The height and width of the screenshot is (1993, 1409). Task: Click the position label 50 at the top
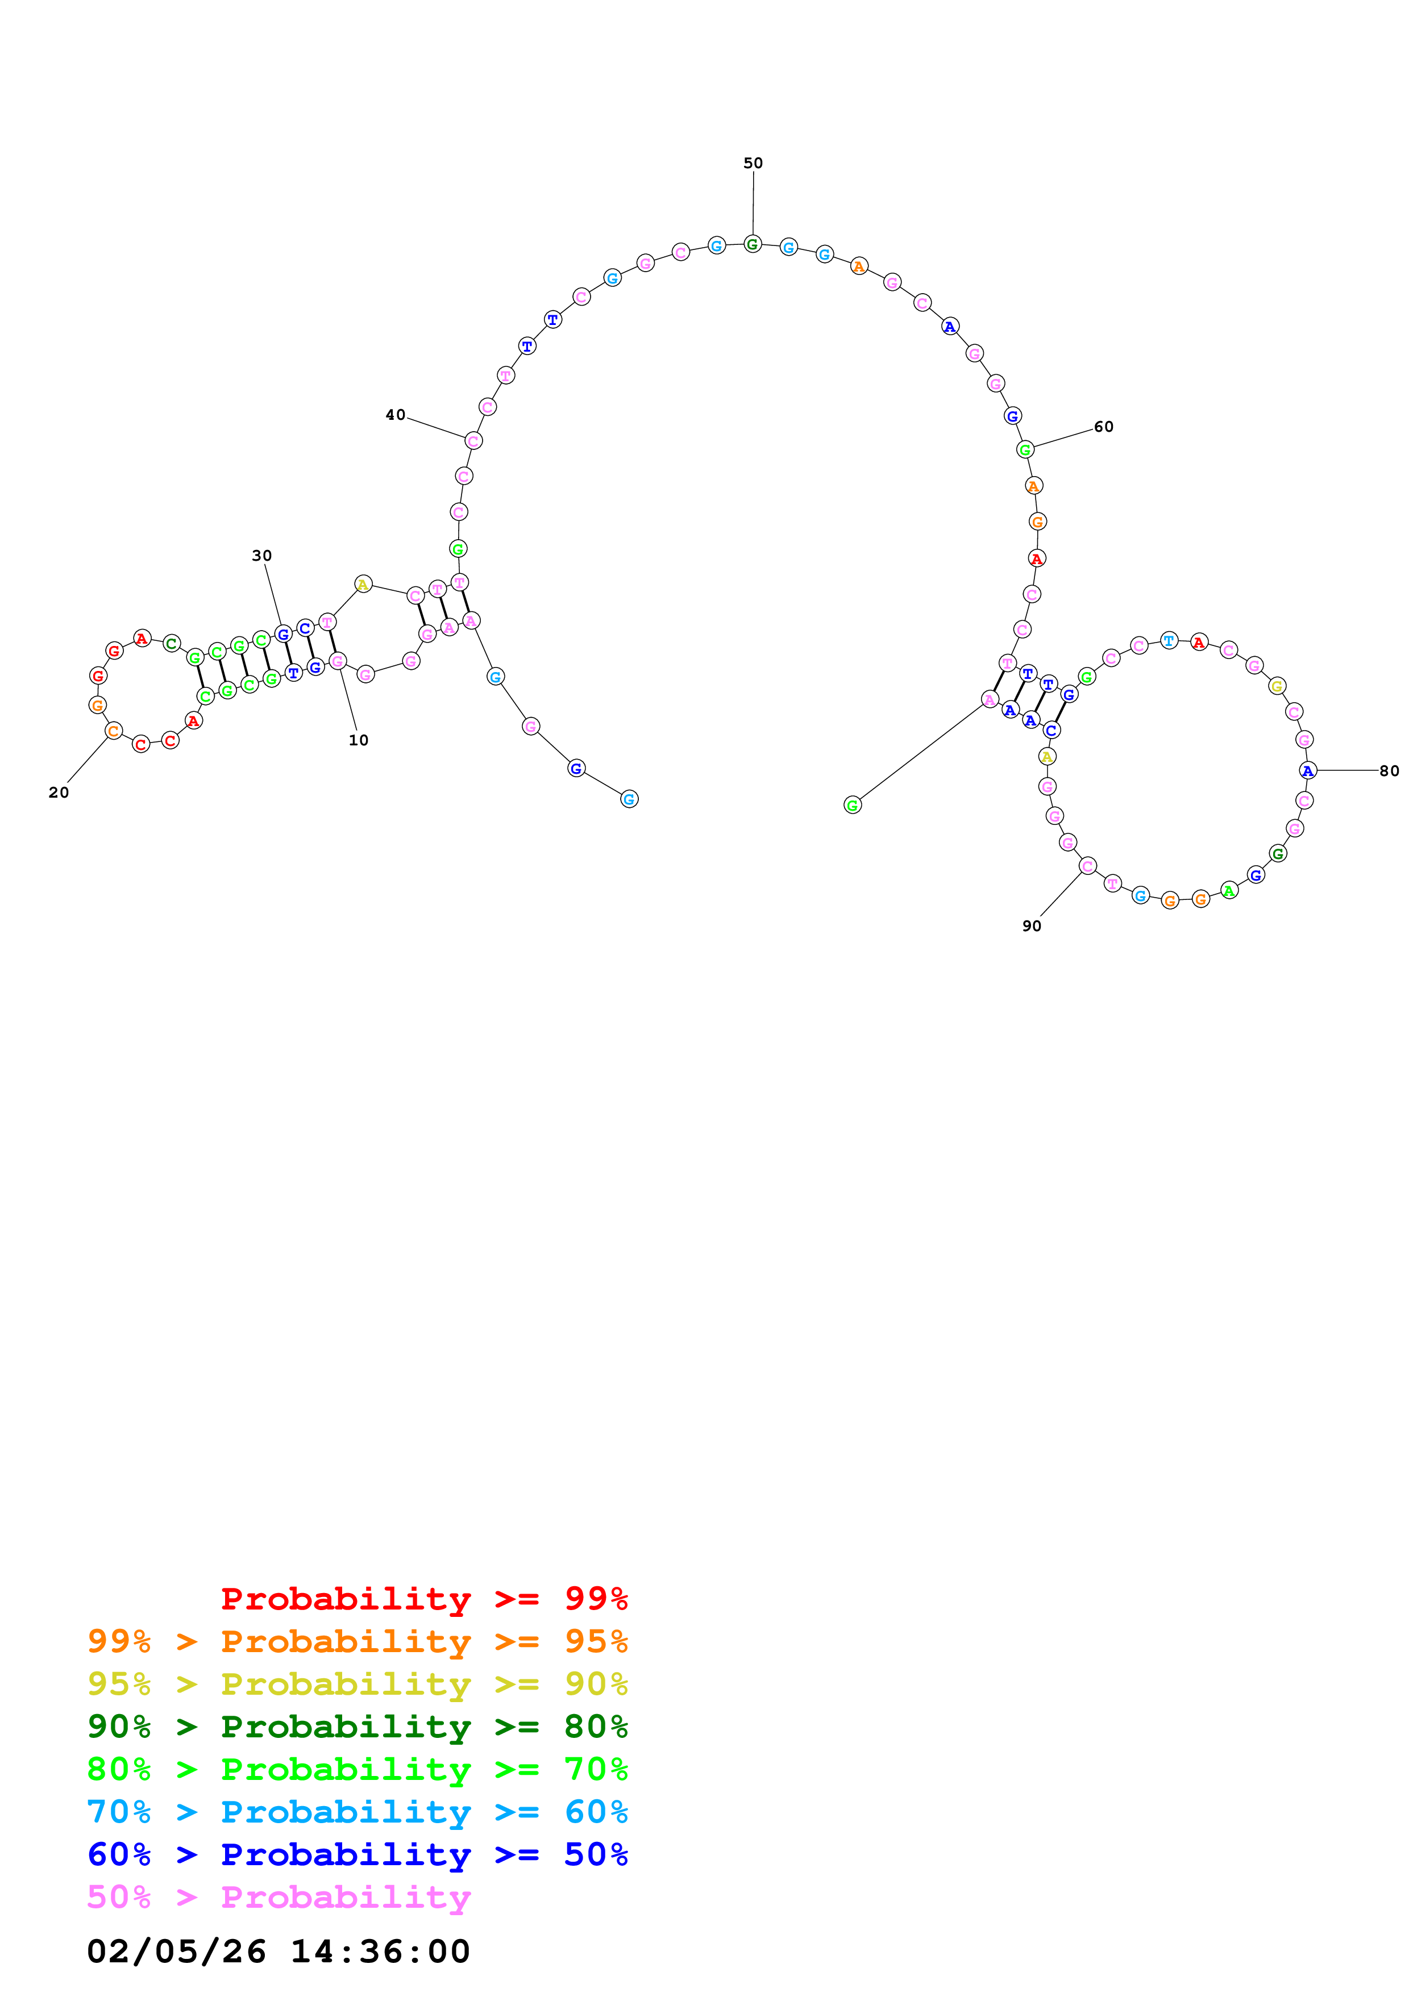click(x=753, y=163)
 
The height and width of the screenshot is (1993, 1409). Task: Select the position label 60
click(x=1103, y=426)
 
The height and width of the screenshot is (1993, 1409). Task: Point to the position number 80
click(x=1389, y=771)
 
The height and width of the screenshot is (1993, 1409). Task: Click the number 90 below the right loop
click(x=1032, y=926)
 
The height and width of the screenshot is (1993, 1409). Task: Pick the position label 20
click(x=58, y=793)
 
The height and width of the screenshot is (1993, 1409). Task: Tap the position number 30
click(x=261, y=556)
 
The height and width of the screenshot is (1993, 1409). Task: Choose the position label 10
click(x=359, y=740)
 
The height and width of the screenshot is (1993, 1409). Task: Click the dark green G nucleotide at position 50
click(x=753, y=244)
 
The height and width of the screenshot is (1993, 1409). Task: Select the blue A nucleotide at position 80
click(x=1307, y=771)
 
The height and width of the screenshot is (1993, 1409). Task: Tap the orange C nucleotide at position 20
click(x=113, y=731)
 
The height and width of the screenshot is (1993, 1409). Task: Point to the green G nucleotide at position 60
click(x=1025, y=449)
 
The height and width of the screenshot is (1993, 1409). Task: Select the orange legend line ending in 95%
click(x=357, y=1641)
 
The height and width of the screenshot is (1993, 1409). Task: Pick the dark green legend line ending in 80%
click(x=357, y=1727)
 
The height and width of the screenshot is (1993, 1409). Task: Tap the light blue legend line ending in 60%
click(x=357, y=1812)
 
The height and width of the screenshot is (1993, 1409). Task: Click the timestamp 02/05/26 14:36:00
click(x=278, y=1952)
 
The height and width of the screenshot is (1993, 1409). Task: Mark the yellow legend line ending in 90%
click(x=357, y=1684)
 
